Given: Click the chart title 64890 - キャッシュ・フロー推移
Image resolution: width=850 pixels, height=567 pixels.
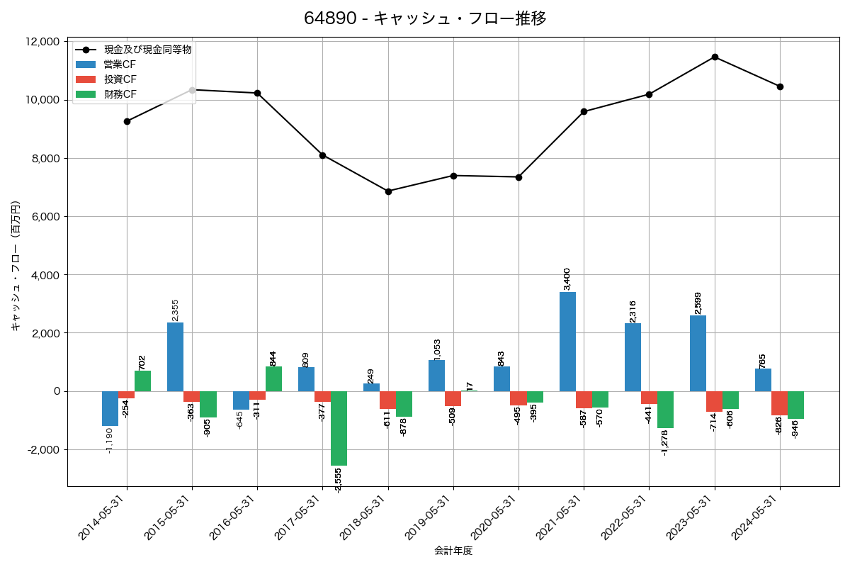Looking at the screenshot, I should pos(425,18).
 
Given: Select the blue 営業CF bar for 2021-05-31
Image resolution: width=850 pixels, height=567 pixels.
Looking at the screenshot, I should pos(567,342).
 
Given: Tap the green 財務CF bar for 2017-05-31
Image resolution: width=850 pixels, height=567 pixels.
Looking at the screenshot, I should pos(339,428).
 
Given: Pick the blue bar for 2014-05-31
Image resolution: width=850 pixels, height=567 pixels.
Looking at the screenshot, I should pos(110,408).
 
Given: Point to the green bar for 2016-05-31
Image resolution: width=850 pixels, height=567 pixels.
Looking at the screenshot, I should pos(273,379).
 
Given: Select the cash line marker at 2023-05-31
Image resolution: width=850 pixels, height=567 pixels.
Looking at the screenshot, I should pos(715,57).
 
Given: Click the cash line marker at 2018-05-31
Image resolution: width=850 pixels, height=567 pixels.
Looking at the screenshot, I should pos(388,191).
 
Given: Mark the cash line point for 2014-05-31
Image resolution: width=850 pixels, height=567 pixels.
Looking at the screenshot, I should pos(127,121).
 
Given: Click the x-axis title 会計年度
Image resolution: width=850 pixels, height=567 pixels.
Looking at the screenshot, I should pos(453,551).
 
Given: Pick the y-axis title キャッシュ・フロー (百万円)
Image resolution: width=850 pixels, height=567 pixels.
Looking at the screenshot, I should pos(16,266).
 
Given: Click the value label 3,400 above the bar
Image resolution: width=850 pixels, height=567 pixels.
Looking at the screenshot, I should pos(567,279).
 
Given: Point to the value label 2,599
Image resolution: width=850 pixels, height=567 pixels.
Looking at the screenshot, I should pos(698,303).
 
